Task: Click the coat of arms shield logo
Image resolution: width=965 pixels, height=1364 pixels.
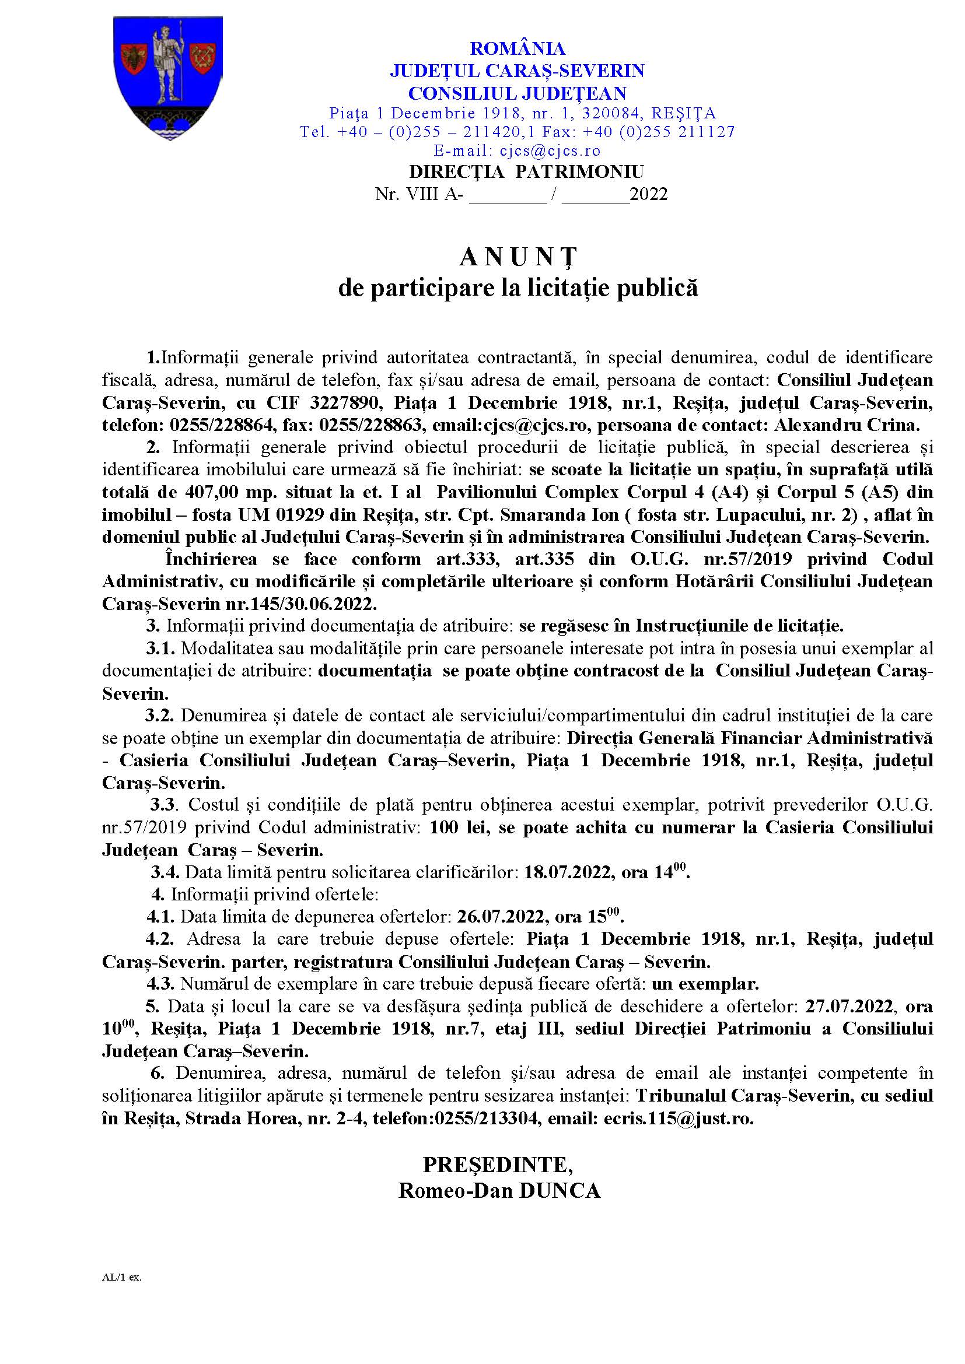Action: point(167,77)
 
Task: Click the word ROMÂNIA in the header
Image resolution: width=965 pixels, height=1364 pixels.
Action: point(517,49)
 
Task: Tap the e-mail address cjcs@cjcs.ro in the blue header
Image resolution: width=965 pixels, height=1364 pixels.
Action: point(550,151)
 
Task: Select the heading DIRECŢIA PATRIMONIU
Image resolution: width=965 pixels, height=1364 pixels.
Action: point(526,172)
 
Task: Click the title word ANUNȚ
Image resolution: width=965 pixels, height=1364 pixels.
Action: point(518,257)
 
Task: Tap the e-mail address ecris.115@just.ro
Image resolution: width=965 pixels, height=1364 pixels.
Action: point(678,1118)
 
